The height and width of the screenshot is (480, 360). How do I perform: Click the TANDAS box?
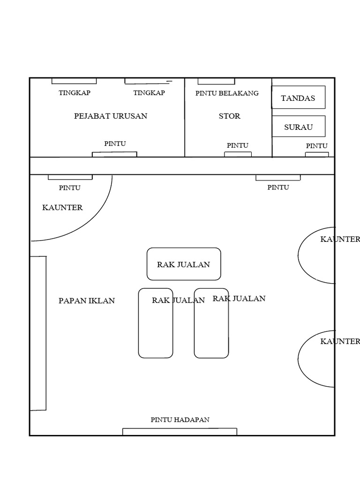point(298,97)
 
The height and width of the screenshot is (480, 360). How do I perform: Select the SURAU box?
point(298,126)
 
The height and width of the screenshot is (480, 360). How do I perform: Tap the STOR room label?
point(229,116)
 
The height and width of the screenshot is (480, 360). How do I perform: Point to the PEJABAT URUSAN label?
point(111,116)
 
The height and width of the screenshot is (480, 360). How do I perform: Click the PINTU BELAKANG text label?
point(227,93)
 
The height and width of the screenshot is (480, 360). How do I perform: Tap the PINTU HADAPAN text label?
point(180,420)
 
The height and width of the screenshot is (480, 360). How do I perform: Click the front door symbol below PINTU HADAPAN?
point(180,432)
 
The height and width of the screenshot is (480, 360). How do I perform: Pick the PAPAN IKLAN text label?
point(87,301)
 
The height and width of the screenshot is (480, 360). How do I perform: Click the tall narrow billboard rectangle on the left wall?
point(38,333)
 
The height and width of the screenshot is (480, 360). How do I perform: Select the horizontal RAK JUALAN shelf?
point(184,264)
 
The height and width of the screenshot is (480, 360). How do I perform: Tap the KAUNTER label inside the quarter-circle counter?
point(62,208)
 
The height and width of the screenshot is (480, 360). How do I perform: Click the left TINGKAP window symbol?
point(74,81)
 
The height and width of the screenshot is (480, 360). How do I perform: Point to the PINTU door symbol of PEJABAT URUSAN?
point(114,154)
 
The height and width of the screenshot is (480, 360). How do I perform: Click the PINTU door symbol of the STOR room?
point(238,154)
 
